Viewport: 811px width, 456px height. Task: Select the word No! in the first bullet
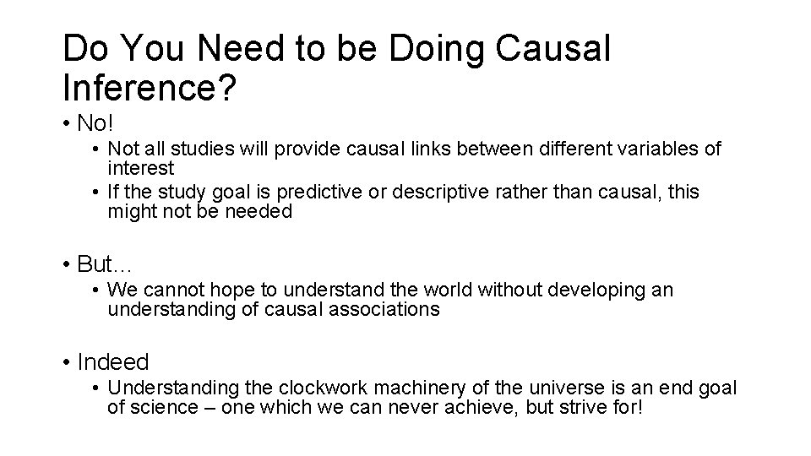94,123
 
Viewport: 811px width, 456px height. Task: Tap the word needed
258,211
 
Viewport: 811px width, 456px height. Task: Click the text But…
100,264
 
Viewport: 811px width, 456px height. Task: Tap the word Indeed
112,362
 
